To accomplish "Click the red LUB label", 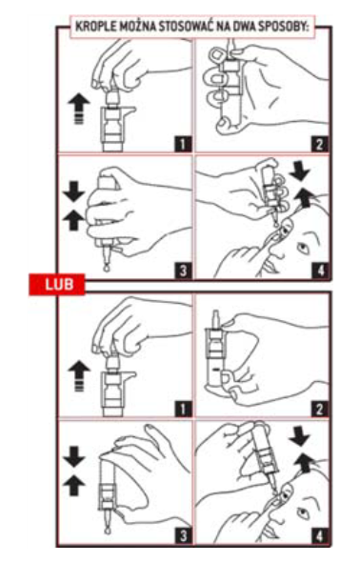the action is tap(57, 284).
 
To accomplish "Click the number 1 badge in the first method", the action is tap(183, 144).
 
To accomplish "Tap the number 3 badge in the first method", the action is tap(183, 271).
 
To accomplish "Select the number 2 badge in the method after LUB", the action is tap(320, 409).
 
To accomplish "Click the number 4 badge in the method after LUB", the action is tap(320, 536).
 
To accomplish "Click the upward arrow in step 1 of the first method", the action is tap(79, 108).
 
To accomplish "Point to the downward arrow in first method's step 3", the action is tap(73, 191).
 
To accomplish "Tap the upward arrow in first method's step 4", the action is tap(305, 198).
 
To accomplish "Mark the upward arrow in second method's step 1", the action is tap(79, 375).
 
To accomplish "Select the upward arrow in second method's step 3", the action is tap(73, 485).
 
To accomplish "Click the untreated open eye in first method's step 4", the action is tap(303, 248).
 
